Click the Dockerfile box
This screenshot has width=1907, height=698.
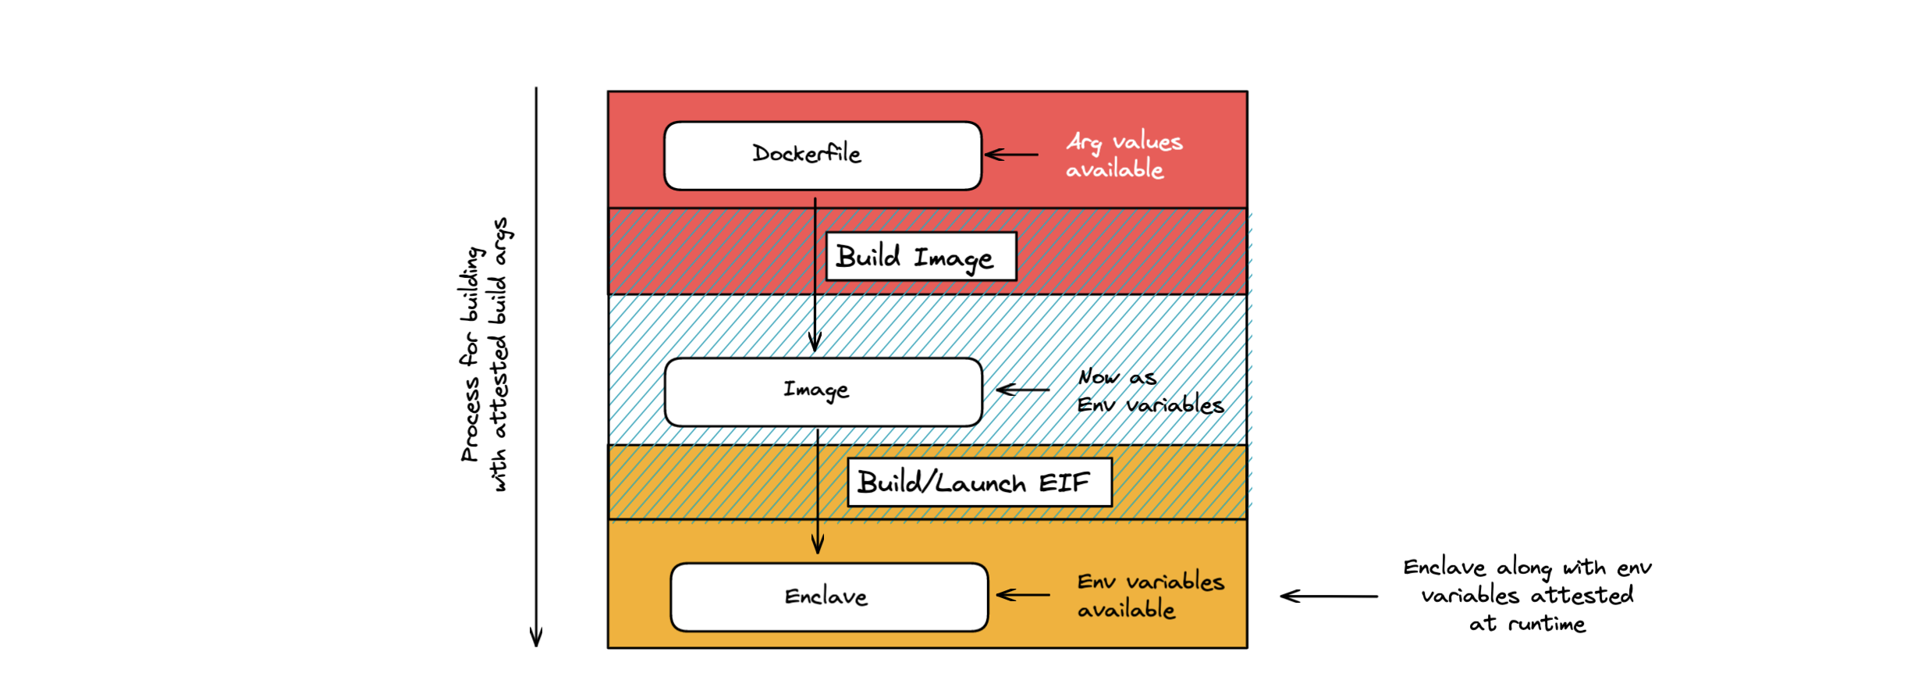coord(822,155)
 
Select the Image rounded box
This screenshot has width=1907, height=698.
coord(822,391)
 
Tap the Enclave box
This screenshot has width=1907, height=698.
coord(829,597)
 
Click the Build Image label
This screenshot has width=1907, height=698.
coord(921,256)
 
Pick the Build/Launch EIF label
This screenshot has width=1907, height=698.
coord(979,483)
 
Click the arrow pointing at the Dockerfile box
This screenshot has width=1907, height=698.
coord(1011,155)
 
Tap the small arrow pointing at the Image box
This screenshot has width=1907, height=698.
coord(1023,389)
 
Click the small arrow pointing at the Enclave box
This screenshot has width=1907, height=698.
coord(1023,595)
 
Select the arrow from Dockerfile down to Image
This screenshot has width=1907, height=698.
coord(815,273)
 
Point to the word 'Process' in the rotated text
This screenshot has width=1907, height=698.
coord(470,419)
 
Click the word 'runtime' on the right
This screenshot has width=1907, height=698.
coord(1547,624)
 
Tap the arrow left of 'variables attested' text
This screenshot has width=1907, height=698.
coord(1328,596)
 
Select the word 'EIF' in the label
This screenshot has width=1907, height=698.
coord(1064,483)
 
